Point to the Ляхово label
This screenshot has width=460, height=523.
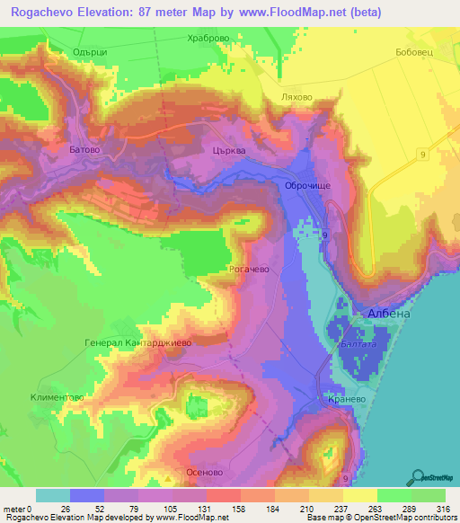[x=296, y=96]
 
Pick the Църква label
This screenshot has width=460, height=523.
[x=229, y=152]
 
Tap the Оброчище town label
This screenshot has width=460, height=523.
[x=308, y=185]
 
